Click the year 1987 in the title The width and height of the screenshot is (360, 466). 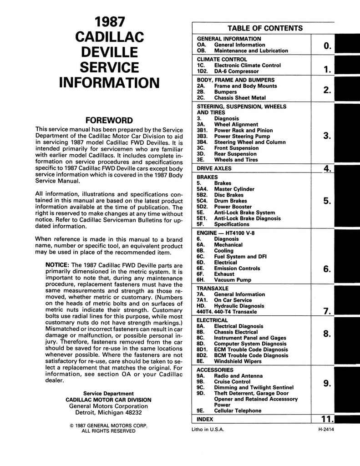tap(109, 22)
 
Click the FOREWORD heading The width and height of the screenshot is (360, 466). tap(109, 121)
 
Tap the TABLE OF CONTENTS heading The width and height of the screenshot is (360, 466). tap(265, 28)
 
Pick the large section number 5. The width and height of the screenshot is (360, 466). tap(327, 201)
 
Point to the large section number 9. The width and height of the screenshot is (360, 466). tap(327, 384)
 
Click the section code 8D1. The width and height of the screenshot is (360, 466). tap(202, 349)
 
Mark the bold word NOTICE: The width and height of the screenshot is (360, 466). tap(58, 265)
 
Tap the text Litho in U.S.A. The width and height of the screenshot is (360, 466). tap(208, 429)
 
